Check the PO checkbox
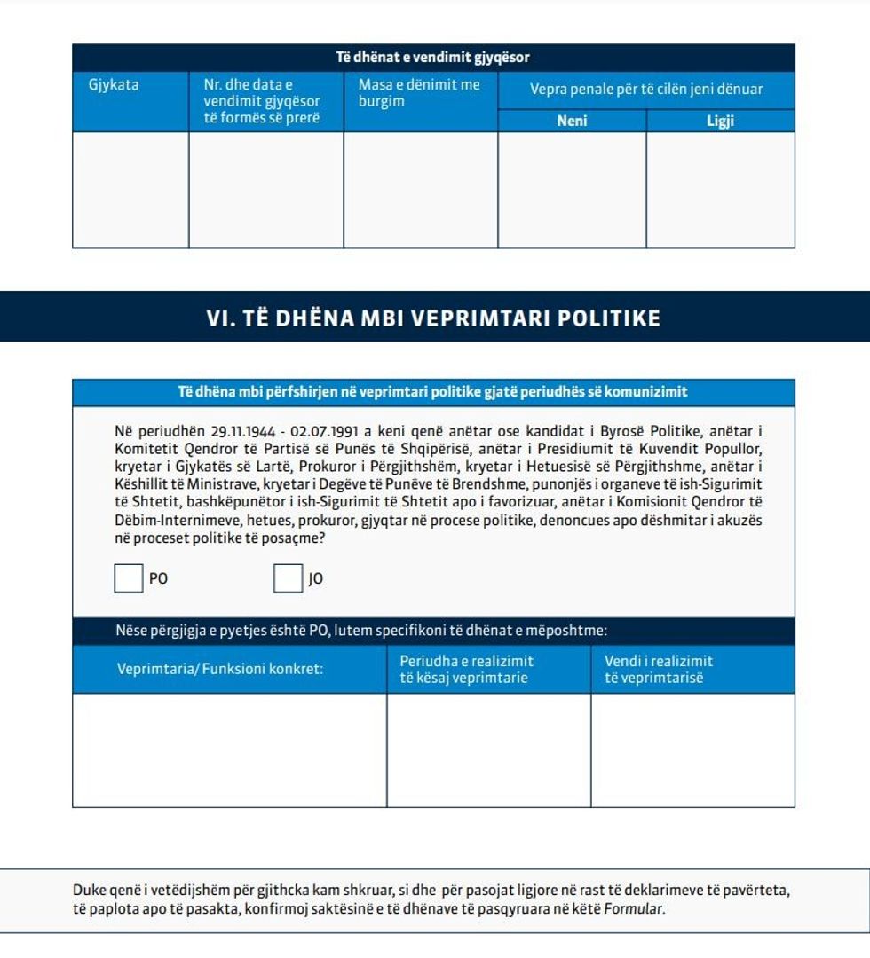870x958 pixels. (x=128, y=578)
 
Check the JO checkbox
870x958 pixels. (x=288, y=578)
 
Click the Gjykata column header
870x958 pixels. (x=114, y=86)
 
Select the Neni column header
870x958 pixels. (x=572, y=122)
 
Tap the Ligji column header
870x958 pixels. (x=720, y=122)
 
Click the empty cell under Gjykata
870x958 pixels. (x=130, y=190)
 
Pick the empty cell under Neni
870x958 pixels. (x=572, y=190)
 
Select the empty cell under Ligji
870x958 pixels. (x=720, y=190)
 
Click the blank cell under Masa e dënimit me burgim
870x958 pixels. (x=420, y=190)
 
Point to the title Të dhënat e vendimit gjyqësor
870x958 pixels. (x=433, y=58)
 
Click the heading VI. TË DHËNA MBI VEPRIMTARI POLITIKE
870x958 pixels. (x=433, y=318)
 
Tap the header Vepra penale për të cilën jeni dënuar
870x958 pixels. (x=646, y=90)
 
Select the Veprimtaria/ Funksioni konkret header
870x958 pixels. (x=220, y=669)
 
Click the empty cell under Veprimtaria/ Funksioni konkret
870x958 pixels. (x=229, y=750)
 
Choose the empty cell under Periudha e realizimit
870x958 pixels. (x=488, y=750)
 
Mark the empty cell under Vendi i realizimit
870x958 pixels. (x=692, y=750)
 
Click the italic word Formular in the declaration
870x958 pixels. (x=633, y=909)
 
